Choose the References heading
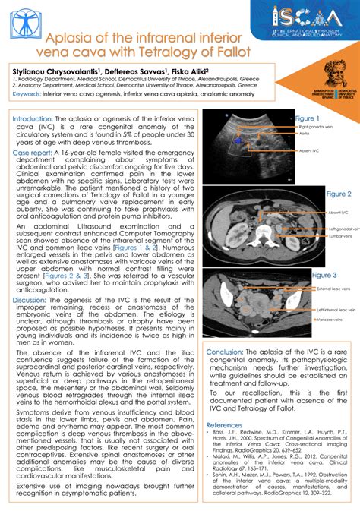(x=224, y=424)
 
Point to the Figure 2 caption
(x=338, y=194)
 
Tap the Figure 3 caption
(x=324, y=275)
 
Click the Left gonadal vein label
(x=343, y=228)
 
